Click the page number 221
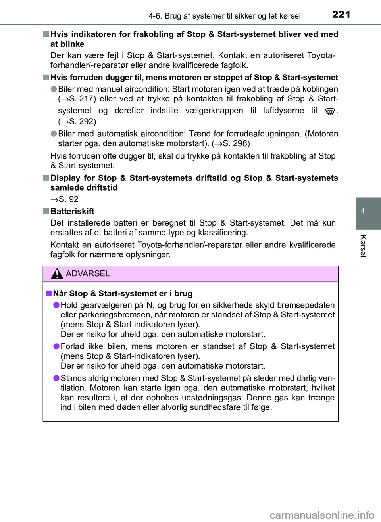[341, 15]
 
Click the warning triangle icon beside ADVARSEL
[57, 273]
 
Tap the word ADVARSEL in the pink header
[88, 273]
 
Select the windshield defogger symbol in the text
[329, 111]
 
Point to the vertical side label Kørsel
[363, 246]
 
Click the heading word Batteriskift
[72, 211]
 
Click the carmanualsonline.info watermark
[322, 515]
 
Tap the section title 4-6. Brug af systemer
[224, 16]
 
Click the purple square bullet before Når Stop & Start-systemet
[48, 293]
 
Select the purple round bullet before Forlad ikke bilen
[56, 346]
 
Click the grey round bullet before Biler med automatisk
[54, 134]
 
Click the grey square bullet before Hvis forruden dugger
[46, 77]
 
